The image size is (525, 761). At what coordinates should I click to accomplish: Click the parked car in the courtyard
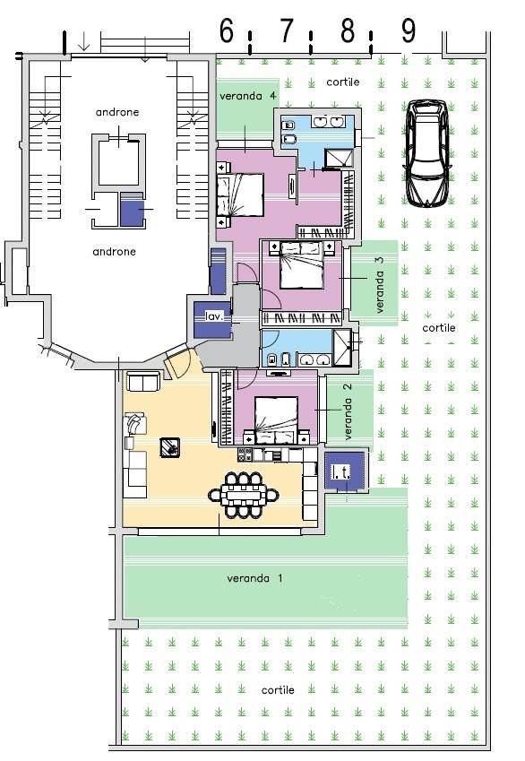[x=427, y=153]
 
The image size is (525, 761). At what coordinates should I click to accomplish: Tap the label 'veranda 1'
[x=254, y=578]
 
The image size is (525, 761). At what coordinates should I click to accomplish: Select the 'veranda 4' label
[x=248, y=96]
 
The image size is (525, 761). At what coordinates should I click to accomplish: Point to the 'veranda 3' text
[x=380, y=284]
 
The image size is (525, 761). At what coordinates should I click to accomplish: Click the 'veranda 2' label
[x=348, y=412]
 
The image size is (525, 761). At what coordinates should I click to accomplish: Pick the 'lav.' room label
[x=214, y=316]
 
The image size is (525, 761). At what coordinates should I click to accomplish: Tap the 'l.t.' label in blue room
[x=340, y=471]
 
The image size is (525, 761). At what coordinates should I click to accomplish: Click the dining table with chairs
[x=244, y=495]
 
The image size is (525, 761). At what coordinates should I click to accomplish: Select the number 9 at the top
[x=409, y=31]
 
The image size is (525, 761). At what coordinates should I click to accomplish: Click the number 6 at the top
[x=227, y=31]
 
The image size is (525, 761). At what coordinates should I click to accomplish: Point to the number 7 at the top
[x=287, y=31]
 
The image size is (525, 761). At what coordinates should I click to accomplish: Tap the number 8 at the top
[x=348, y=31]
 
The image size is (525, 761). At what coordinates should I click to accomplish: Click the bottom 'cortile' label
[x=278, y=689]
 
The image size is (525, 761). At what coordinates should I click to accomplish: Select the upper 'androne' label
[x=117, y=112]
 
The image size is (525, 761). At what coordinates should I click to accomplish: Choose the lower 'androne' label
[x=114, y=251]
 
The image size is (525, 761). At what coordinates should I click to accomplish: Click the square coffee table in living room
[x=170, y=447]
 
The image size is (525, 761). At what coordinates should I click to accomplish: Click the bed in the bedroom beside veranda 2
[x=277, y=419]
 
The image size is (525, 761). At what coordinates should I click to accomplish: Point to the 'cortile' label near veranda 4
[x=343, y=82]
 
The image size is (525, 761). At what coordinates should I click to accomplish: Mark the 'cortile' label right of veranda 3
[x=439, y=327]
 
